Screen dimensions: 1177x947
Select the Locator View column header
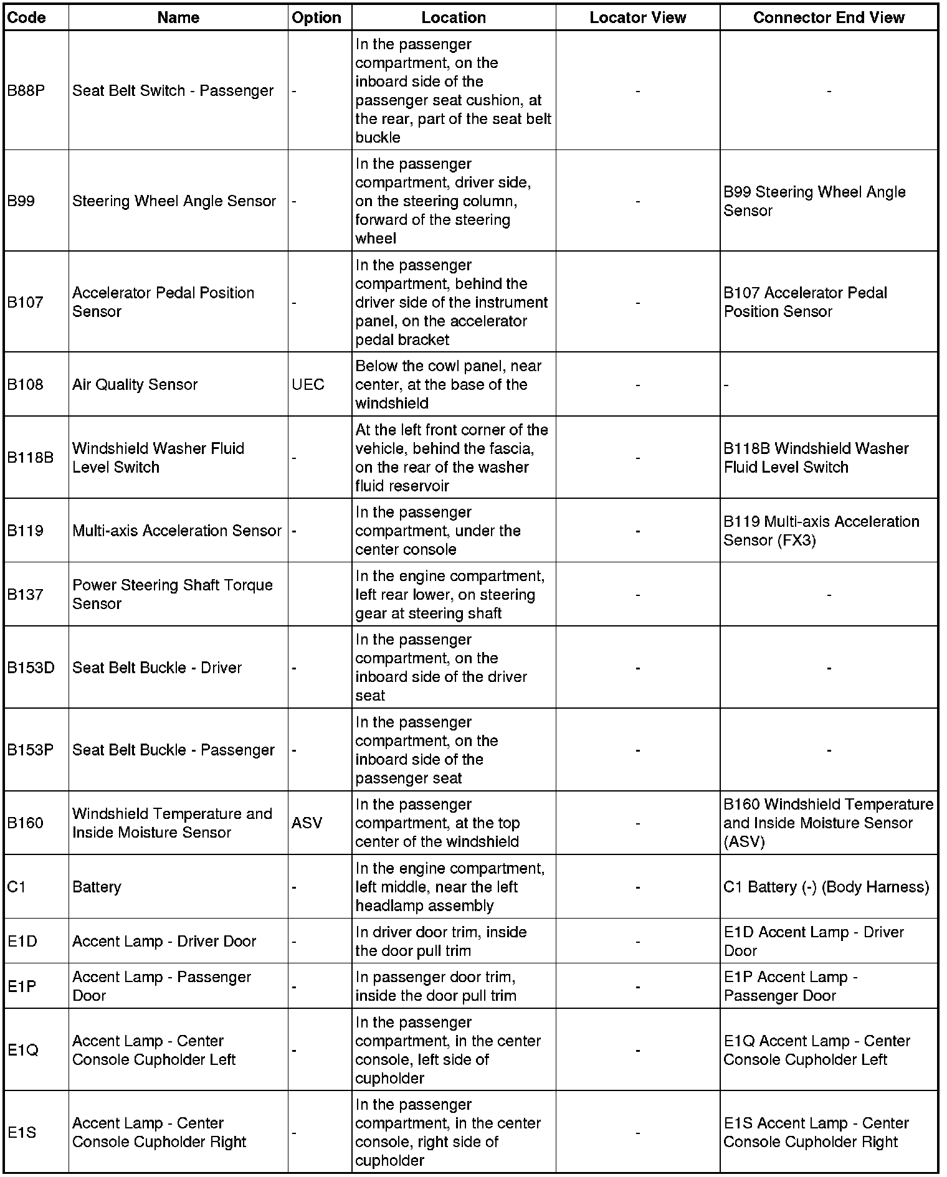(637, 17)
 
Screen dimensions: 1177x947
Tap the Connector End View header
(828, 17)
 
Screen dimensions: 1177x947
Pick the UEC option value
(308, 384)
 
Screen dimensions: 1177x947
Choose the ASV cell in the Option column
(307, 823)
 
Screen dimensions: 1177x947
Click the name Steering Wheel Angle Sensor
(174, 201)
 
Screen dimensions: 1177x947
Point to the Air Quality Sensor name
(135, 384)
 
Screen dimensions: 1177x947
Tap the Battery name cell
(97, 887)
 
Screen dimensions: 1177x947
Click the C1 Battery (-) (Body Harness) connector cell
(826, 887)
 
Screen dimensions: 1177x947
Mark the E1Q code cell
(23, 1050)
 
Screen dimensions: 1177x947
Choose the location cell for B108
(448, 384)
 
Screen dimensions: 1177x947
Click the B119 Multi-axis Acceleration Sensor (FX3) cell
(821, 531)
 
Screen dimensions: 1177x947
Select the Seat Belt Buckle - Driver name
(156, 668)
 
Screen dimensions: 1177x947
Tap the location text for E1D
(441, 941)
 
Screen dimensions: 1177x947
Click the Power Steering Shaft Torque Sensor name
(172, 594)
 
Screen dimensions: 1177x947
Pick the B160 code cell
(25, 823)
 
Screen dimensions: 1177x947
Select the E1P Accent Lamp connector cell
(791, 986)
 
